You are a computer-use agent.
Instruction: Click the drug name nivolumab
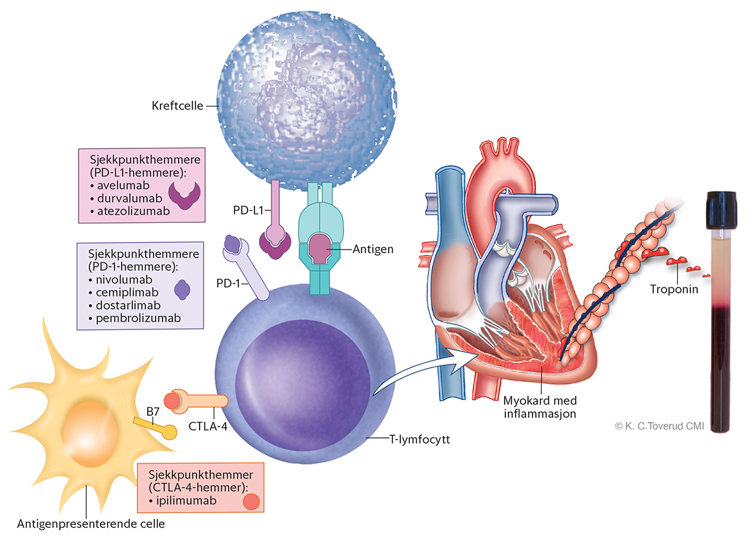pos(122,278)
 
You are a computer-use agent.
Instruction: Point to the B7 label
pos(151,411)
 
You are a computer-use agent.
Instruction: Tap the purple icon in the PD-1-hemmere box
pos(182,289)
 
